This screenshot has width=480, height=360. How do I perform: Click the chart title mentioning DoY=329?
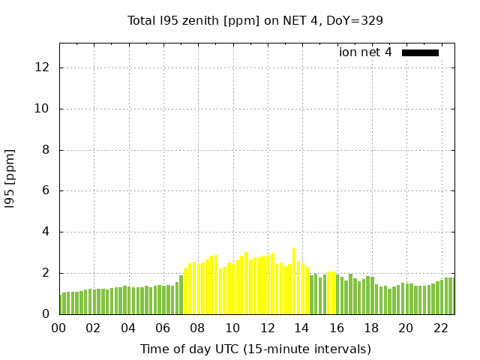click(255, 20)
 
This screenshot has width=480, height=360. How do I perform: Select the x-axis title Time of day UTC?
click(255, 349)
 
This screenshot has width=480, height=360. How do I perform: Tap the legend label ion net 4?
click(365, 52)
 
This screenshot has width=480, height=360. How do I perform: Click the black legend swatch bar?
click(420, 52)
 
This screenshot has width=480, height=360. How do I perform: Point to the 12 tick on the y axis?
click(43, 67)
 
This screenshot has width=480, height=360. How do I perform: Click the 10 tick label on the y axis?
click(43, 109)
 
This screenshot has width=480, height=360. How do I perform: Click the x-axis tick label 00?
click(58, 328)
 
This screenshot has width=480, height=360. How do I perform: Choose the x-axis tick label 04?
click(128, 328)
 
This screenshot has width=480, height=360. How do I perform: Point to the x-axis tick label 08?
click(197, 328)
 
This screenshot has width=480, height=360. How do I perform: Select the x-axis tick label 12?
click(267, 328)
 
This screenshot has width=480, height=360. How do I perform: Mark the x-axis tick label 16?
click(337, 328)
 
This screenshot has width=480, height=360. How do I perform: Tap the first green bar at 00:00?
click(61, 304)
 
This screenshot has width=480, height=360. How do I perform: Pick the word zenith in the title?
click(204, 20)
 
